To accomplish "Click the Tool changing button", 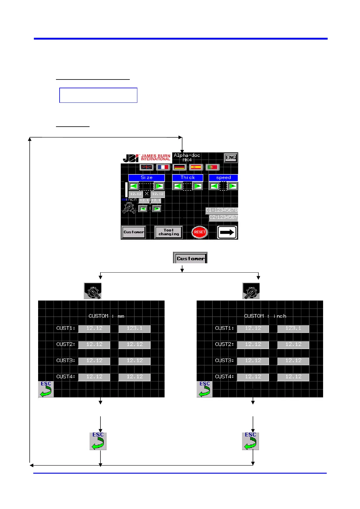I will tap(169, 232).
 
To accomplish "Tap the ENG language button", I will tap(231, 157).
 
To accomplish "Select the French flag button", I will tap(163, 167).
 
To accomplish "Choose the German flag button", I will tap(179, 167).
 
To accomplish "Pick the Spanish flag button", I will tap(196, 167).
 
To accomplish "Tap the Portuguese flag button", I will tap(212, 167).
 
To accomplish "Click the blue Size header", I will tap(146, 178).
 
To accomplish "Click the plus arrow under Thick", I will tap(198, 186).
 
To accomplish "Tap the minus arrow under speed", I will tap(214, 186).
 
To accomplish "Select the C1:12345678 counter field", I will tap(222, 210).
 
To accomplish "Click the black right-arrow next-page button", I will tap(227, 232).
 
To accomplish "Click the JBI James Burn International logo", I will tap(146, 158).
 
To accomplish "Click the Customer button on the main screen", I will tap(133, 232).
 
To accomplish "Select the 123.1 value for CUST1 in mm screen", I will tap(134, 329).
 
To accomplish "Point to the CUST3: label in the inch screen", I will tap(224, 361).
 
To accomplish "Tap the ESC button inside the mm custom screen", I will tap(46, 389).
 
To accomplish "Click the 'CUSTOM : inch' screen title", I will tap(265, 316).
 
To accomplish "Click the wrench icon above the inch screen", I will tap(251, 291).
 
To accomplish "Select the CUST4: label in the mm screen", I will tap(66, 377).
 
